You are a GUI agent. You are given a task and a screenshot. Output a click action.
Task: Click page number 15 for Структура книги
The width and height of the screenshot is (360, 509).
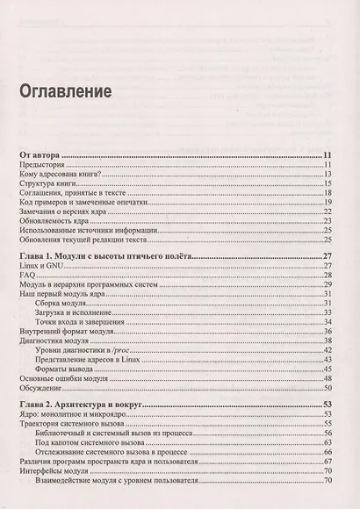pos(325,183)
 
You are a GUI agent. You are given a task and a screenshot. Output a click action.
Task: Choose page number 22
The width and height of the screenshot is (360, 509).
pos(325,212)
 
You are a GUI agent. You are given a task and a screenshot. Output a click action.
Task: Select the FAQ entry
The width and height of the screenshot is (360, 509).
pos(26,276)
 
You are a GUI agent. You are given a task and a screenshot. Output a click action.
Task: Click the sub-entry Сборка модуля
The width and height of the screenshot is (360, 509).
pos(62,303)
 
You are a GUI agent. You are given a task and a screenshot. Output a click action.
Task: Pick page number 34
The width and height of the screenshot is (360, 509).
pos(325,321)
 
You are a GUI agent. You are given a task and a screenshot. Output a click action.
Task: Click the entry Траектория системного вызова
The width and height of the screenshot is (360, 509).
pos(67,425)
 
